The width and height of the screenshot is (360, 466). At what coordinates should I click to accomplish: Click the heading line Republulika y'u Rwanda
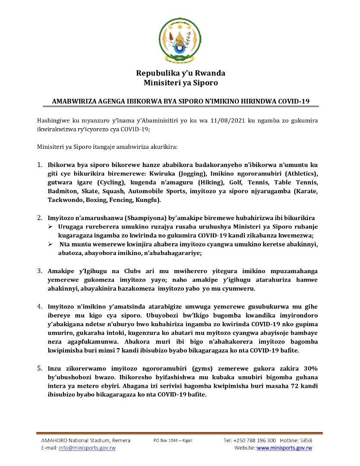click(x=180, y=73)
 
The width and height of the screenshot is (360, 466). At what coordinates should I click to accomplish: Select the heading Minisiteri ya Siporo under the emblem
click(x=180, y=82)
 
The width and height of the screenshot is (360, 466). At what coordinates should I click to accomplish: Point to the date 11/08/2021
click(x=235, y=121)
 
